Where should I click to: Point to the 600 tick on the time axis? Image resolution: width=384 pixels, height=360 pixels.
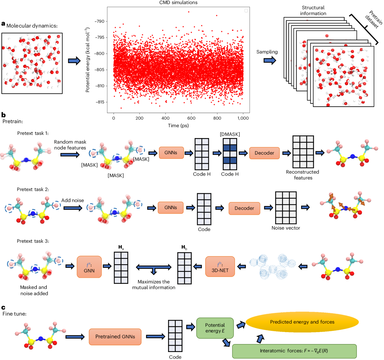(x=191, y=118)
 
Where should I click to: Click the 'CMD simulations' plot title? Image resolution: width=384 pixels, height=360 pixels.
(x=178, y=3)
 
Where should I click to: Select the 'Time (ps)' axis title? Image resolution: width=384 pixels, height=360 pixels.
(x=178, y=126)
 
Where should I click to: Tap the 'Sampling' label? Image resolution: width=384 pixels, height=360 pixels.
(x=267, y=52)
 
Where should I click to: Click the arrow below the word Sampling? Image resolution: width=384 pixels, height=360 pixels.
(x=269, y=60)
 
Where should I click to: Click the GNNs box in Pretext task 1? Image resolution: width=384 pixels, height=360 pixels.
(x=171, y=153)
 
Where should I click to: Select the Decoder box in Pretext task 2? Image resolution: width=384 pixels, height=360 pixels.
(x=244, y=208)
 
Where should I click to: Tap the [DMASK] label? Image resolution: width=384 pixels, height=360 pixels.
(x=230, y=134)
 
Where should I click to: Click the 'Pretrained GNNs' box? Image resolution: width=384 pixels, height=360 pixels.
(x=115, y=337)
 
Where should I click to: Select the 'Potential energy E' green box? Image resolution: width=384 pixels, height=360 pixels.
(x=215, y=328)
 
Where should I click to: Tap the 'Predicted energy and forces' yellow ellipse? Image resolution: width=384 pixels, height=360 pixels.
(x=302, y=322)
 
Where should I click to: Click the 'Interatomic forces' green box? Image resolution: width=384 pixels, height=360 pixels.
(x=294, y=351)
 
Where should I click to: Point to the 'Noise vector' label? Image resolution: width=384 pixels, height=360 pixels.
(x=286, y=228)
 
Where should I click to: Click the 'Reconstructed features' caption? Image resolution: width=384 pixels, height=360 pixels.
(x=303, y=175)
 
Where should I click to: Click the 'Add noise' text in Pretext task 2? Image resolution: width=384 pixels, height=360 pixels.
(x=73, y=200)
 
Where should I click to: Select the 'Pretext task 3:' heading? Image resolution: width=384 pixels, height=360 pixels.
(x=33, y=241)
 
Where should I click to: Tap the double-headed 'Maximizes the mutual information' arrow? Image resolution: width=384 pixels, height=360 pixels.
(x=154, y=267)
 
